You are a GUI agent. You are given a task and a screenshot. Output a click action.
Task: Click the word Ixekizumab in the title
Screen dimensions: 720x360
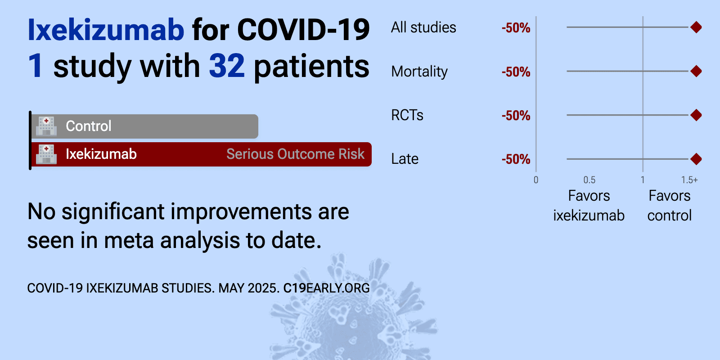click(x=106, y=30)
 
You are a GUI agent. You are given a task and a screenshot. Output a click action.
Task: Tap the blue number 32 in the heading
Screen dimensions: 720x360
click(x=227, y=66)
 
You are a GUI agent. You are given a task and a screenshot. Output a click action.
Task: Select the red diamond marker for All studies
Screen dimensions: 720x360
click(x=696, y=27)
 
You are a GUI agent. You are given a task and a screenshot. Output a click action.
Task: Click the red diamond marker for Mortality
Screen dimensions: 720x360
click(x=696, y=71)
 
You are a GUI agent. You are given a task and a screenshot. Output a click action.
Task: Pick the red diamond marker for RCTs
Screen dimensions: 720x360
click(x=696, y=115)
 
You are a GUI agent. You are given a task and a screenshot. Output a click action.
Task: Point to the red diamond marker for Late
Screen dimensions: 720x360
click(x=696, y=159)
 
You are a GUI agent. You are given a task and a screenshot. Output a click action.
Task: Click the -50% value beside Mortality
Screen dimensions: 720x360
click(x=516, y=72)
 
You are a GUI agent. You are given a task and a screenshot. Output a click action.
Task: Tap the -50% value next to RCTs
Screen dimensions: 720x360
click(x=516, y=115)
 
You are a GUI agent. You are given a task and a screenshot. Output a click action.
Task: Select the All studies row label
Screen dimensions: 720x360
click(x=423, y=27)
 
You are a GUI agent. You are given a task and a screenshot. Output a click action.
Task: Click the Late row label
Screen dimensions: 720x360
click(x=405, y=159)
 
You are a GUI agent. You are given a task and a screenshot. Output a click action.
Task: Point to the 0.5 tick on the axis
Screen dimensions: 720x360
click(x=589, y=180)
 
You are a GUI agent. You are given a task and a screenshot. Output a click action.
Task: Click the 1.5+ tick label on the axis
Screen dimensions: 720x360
click(x=689, y=180)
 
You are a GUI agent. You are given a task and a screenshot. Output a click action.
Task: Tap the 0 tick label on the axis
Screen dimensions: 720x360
click(x=536, y=180)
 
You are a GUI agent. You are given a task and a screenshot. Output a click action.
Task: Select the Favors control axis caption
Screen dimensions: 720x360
click(x=670, y=205)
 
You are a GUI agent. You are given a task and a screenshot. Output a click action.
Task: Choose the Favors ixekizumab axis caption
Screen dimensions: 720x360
click(x=589, y=205)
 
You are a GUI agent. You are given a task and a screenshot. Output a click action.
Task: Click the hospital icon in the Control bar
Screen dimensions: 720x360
click(x=46, y=126)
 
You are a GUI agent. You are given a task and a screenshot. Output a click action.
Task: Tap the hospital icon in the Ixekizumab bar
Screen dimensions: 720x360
click(x=46, y=154)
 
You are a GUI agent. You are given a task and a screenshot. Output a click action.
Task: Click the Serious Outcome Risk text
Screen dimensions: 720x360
click(x=295, y=154)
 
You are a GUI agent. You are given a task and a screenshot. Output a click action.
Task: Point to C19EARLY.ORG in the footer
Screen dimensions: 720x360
click(x=326, y=288)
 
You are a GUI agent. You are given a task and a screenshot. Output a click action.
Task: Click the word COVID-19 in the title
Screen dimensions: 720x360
click(x=303, y=30)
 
